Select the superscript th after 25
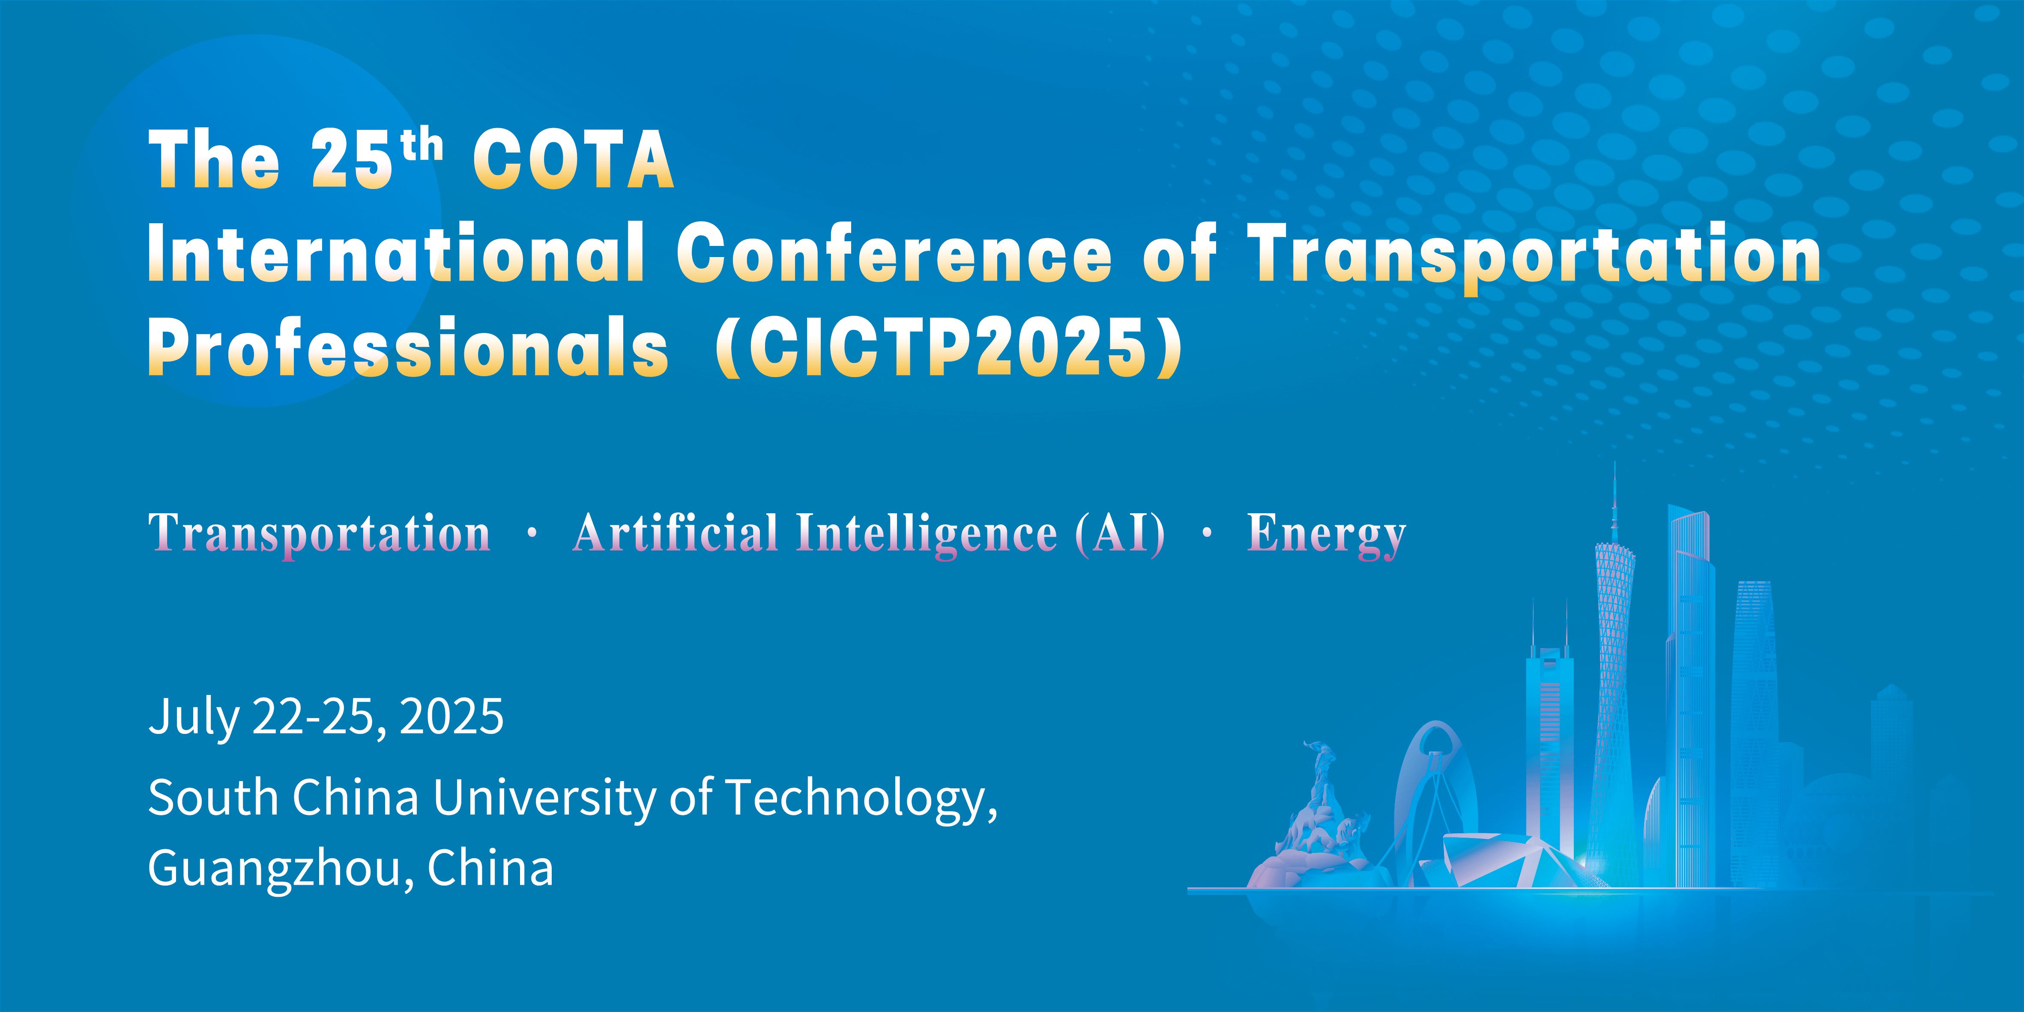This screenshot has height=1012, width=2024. (x=421, y=147)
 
